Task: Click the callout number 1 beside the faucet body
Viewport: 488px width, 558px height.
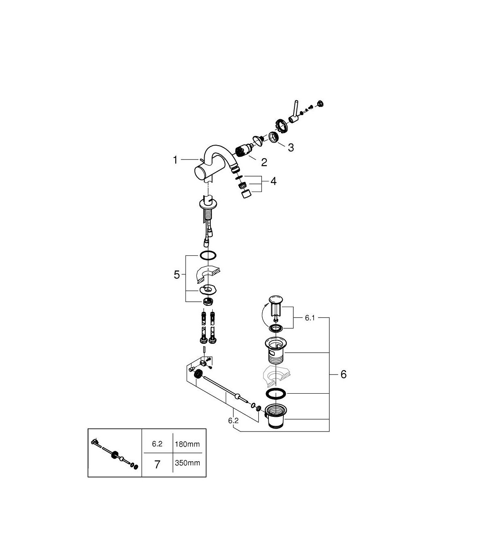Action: pyautogui.click(x=175, y=160)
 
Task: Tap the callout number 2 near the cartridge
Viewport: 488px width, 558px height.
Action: pyautogui.click(x=264, y=162)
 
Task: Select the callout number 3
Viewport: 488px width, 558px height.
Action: pyautogui.click(x=291, y=148)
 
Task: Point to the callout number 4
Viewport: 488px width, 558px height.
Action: pyautogui.click(x=273, y=181)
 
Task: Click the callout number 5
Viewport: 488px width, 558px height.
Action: pyautogui.click(x=176, y=275)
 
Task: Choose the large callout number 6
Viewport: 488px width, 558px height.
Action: pyautogui.click(x=344, y=374)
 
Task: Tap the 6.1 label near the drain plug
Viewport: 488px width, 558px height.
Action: pyautogui.click(x=310, y=318)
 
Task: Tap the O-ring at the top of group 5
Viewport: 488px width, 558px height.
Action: pyautogui.click(x=208, y=255)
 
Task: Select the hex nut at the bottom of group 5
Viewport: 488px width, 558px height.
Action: pyautogui.click(x=208, y=302)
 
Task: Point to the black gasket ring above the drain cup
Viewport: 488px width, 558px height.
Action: pyautogui.click(x=276, y=394)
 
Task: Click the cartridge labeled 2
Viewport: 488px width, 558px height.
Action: pyautogui.click(x=244, y=151)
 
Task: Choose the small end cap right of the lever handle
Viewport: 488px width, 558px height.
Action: pyautogui.click(x=320, y=104)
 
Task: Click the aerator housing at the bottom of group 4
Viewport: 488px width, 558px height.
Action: pyautogui.click(x=246, y=194)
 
